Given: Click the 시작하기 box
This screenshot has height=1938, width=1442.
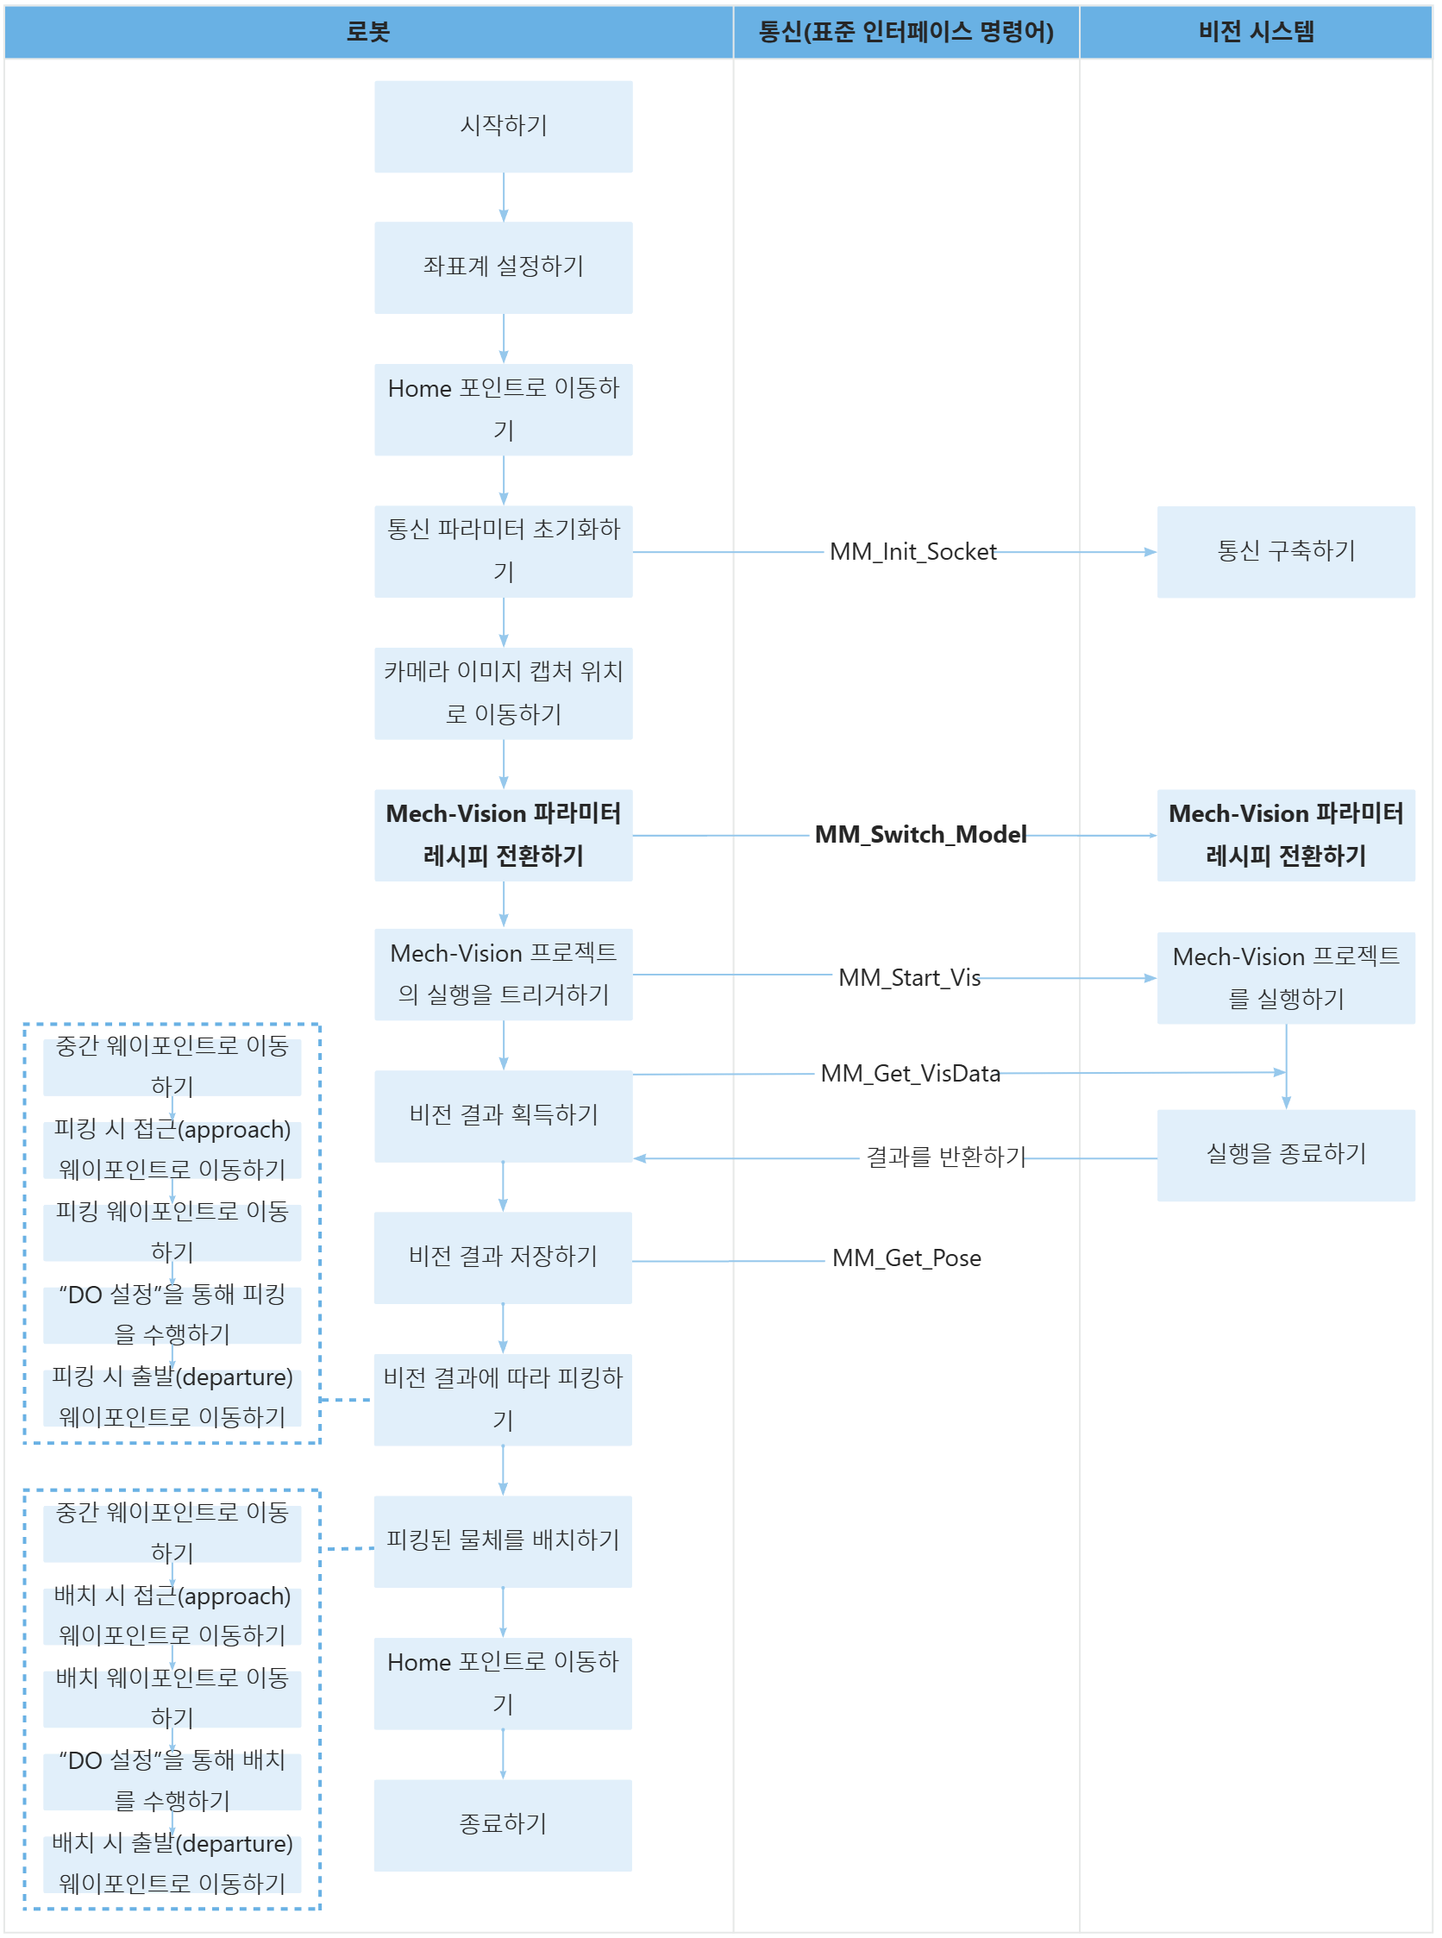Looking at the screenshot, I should (503, 127).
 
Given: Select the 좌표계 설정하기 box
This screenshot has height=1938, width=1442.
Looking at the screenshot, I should (503, 267).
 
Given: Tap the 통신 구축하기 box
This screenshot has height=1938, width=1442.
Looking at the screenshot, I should (1285, 552).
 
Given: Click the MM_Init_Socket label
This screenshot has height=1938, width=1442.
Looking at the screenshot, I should (912, 552).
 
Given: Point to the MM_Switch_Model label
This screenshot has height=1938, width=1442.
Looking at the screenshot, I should (919, 835).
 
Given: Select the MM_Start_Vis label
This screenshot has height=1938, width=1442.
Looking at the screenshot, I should (909, 978).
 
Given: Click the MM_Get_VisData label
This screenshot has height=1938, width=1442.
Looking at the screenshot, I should (910, 1074).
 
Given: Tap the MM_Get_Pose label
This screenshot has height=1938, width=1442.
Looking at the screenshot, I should (906, 1259).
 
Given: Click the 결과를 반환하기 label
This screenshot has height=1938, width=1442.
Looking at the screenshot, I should (945, 1157).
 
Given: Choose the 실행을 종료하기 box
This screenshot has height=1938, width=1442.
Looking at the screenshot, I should (1285, 1155).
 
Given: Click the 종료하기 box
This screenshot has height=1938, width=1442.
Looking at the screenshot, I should (503, 1824).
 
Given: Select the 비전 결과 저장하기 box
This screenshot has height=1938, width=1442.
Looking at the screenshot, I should (503, 1258).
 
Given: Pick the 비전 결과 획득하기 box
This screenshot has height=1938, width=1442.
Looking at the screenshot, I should (503, 1116).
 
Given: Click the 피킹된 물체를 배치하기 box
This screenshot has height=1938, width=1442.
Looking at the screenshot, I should (503, 1540).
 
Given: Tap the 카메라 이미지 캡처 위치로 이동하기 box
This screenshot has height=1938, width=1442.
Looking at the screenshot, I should (503, 693).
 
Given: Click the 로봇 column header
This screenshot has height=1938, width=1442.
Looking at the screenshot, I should (367, 32).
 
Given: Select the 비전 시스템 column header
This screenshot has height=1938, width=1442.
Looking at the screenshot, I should (1255, 32).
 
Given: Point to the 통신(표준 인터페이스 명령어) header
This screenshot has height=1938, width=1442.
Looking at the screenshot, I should (906, 32).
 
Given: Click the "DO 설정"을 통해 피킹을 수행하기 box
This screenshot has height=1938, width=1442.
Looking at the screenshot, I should (172, 1314).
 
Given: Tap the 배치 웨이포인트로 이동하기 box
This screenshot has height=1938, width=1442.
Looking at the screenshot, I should (172, 1698).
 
